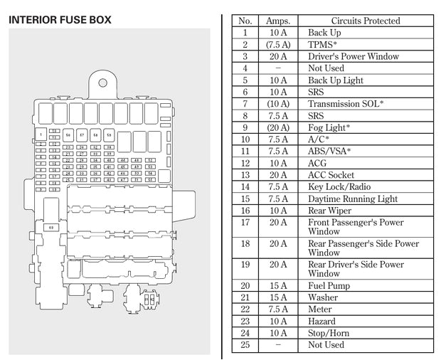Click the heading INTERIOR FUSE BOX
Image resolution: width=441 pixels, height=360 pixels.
[x=60, y=20]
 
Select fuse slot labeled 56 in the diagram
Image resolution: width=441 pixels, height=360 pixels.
[x=68, y=134]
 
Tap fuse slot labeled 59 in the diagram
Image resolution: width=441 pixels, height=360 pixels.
[x=110, y=134]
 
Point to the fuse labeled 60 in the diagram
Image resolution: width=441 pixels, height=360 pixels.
[x=51, y=228]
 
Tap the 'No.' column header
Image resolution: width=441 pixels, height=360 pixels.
[x=245, y=21]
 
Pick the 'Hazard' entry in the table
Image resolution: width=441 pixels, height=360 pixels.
[x=322, y=321]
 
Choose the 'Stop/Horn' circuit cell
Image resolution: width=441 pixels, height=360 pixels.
[x=329, y=333]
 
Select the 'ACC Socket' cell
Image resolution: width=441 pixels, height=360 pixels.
[x=331, y=175]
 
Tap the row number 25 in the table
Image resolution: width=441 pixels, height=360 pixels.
[x=245, y=344]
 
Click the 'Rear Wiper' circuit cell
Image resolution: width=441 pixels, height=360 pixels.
[x=330, y=211]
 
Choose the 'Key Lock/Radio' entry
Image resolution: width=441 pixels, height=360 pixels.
[x=339, y=187]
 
